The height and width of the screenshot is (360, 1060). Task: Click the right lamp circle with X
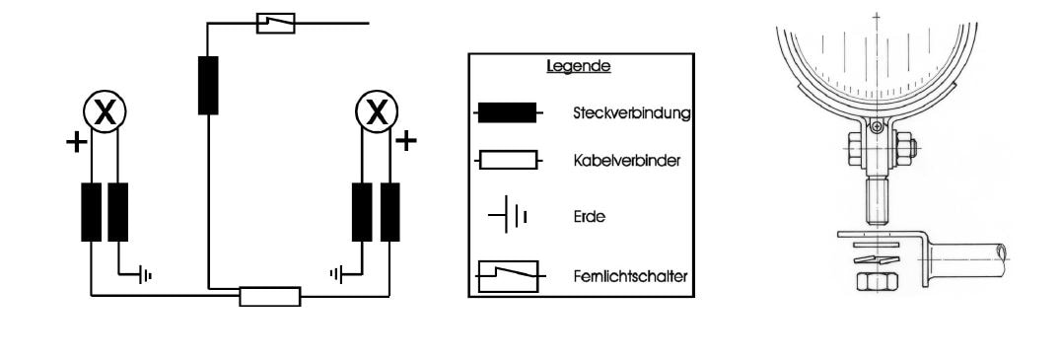pos(377,113)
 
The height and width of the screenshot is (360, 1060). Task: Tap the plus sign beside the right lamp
pos(405,140)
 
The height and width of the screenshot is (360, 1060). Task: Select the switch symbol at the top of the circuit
pos(275,23)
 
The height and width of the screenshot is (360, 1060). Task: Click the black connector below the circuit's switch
pos(207,85)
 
